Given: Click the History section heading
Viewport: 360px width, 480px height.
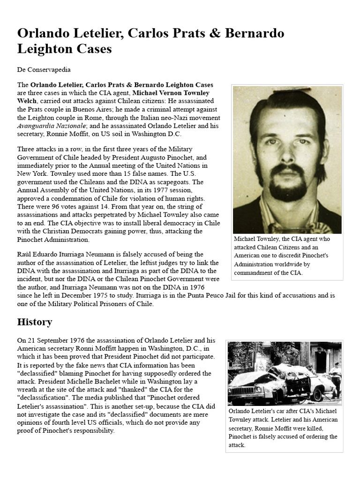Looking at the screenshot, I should (35, 322).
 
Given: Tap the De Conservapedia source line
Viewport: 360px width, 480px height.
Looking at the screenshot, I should (44, 69).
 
